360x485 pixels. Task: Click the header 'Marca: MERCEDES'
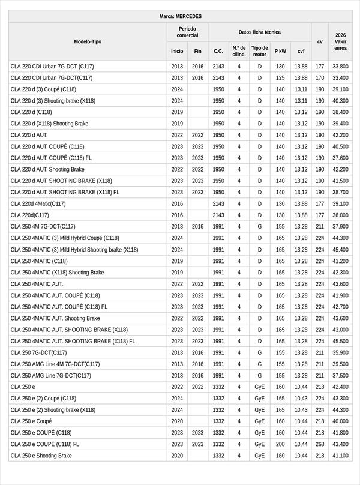(180, 16)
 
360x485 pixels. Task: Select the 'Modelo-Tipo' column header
(88, 41)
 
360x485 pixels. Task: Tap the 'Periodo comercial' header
(187, 32)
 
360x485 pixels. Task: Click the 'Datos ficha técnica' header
(259, 32)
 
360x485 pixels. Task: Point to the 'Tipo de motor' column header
(260, 51)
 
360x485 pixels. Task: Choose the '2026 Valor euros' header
(340, 41)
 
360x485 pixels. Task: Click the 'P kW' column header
(280, 51)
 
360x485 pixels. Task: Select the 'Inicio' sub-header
(177, 51)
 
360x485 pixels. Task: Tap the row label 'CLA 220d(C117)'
(30, 215)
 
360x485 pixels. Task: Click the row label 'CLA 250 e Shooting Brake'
(41, 456)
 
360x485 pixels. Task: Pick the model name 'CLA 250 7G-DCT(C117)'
(38, 352)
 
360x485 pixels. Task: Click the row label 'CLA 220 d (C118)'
(31, 112)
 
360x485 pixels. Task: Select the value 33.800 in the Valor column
(340, 66)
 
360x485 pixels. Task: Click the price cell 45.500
(340, 341)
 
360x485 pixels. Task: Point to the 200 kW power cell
(280, 444)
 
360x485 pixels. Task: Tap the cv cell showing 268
(320, 444)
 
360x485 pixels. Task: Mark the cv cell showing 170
(320, 77)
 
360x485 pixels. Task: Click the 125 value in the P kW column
(280, 77)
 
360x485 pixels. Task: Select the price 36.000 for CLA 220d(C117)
(340, 215)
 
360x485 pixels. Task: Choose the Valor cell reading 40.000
(340, 421)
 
